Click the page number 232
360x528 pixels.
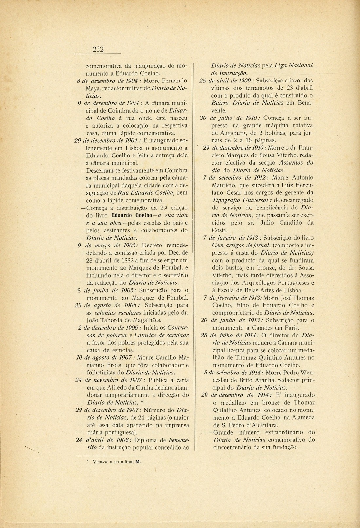pos(98,49)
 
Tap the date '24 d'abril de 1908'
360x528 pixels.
pos(101,440)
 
